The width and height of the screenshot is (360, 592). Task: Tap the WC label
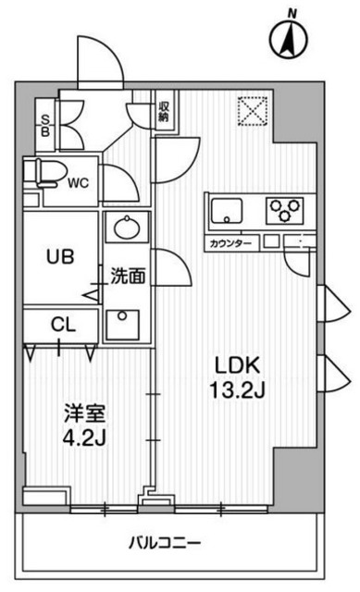point(77,183)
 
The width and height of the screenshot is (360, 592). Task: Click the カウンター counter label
point(230,242)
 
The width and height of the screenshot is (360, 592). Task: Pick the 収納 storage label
point(164,111)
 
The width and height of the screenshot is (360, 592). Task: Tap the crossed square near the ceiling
point(252,110)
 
